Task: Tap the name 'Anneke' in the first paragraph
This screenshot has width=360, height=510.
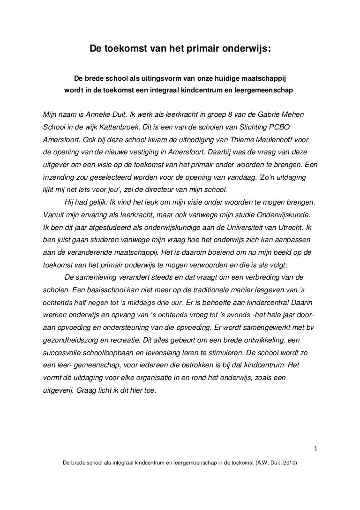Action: coord(97,114)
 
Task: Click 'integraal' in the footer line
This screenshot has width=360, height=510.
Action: coord(120,462)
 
